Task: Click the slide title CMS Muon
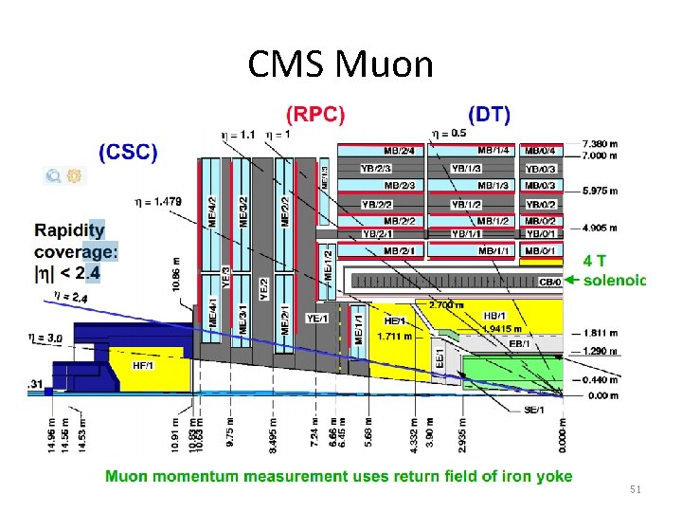click(340, 64)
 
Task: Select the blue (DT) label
click(488, 115)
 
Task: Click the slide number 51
click(635, 488)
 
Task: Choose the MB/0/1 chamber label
click(541, 250)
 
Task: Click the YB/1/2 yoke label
click(466, 204)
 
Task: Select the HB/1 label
click(494, 316)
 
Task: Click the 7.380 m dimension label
click(600, 142)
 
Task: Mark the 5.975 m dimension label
click(600, 191)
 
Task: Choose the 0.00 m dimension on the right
click(602, 395)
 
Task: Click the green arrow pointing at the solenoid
click(572, 280)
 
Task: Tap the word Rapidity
click(69, 230)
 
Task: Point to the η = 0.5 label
click(449, 133)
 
